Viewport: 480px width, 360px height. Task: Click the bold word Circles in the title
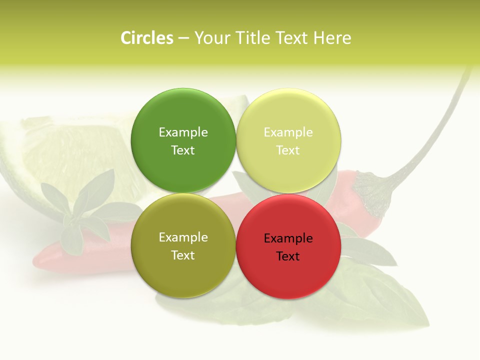(147, 38)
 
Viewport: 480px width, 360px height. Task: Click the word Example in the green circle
(183, 132)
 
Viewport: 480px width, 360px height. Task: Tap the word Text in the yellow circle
(288, 150)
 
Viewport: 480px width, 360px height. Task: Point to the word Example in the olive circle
(183, 237)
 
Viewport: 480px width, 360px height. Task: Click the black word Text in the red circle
(288, 256)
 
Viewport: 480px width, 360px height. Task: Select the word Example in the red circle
(288, 238)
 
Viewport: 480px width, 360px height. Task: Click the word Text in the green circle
(183, 150)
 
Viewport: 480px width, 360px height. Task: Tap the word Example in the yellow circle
(288, 132)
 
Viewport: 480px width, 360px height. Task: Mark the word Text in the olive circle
(183, 255)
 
